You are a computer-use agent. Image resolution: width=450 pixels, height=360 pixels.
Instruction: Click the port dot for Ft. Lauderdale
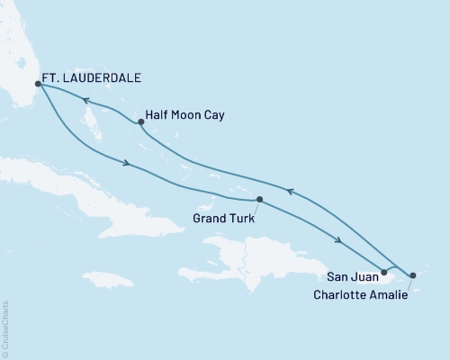click(x=36, y=84)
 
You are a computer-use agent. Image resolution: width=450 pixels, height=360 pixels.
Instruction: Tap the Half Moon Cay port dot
click(x=140, y=122)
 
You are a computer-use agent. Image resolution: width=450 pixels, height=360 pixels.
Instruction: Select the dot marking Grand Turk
click(x=259, y=199)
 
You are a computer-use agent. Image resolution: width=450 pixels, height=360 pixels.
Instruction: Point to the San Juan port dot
click(x=384, y=271)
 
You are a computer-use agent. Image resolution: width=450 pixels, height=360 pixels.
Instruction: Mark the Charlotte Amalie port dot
click(x=412, y=275)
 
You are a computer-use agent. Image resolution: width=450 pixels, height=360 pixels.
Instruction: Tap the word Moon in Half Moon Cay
click(x=191, y=116)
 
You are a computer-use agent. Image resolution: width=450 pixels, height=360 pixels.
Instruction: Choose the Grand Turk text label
click(x=223, y=218)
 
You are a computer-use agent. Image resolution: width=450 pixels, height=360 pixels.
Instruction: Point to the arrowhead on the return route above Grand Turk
click(x=290, y=191)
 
